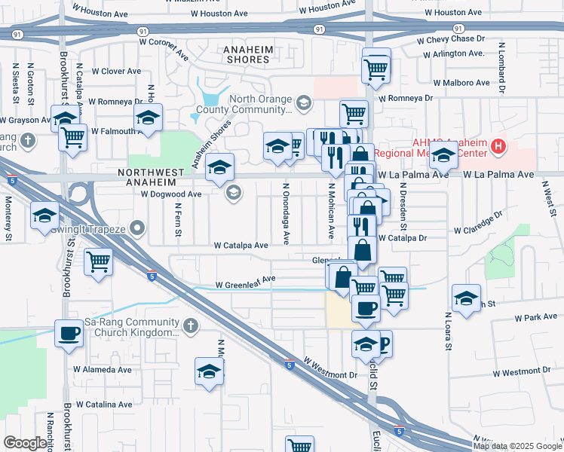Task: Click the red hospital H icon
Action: point(498,146)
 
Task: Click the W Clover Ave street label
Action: point(116,72)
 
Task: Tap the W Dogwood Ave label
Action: point(171,194)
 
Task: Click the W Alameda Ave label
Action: point(103,369)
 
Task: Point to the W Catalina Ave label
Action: point(103,405)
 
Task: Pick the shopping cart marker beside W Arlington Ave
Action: point(376,69)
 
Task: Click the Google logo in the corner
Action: point(25,443)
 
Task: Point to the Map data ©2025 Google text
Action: point(517,446)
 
